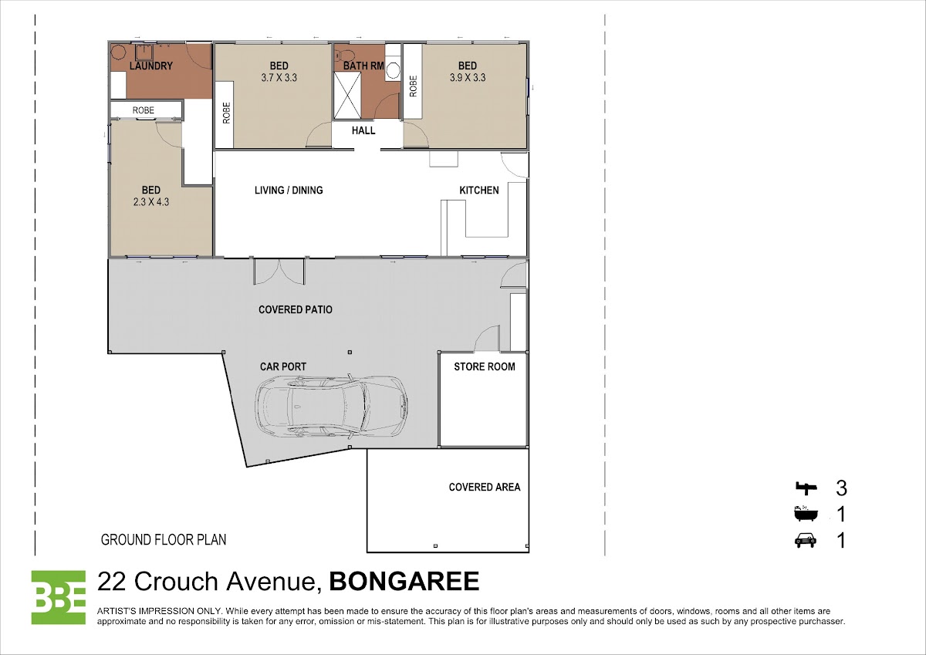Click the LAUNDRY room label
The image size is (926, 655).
click(x=151, y=66)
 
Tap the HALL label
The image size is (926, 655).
click(x=363, y=130)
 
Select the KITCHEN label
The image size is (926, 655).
click(x=479, y=190)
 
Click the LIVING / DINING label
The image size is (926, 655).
click(x=289, y=190)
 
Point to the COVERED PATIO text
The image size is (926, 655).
click(x=295, y=309)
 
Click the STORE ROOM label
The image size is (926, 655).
click(x=485, y=366)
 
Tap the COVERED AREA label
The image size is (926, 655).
click(x=485, y=488)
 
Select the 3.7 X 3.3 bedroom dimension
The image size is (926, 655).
click(x=279, y=78)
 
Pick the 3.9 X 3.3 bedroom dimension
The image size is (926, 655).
click(x=468, y=78)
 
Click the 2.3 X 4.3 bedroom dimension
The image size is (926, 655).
click(x=151, y=202)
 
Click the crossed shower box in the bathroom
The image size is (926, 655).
click(x=347, y=96)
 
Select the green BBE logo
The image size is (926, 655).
click(x=59, y=597)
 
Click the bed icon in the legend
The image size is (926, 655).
click(x=806, y=488)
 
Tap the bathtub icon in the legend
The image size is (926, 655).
click(x=806, y=513)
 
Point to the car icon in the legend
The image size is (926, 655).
click(x=806, y=540)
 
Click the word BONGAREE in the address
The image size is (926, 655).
click(x=404, y=581)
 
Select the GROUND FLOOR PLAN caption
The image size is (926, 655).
click(x=164, y=540)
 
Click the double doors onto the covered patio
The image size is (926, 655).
click(x=279, y=272)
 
